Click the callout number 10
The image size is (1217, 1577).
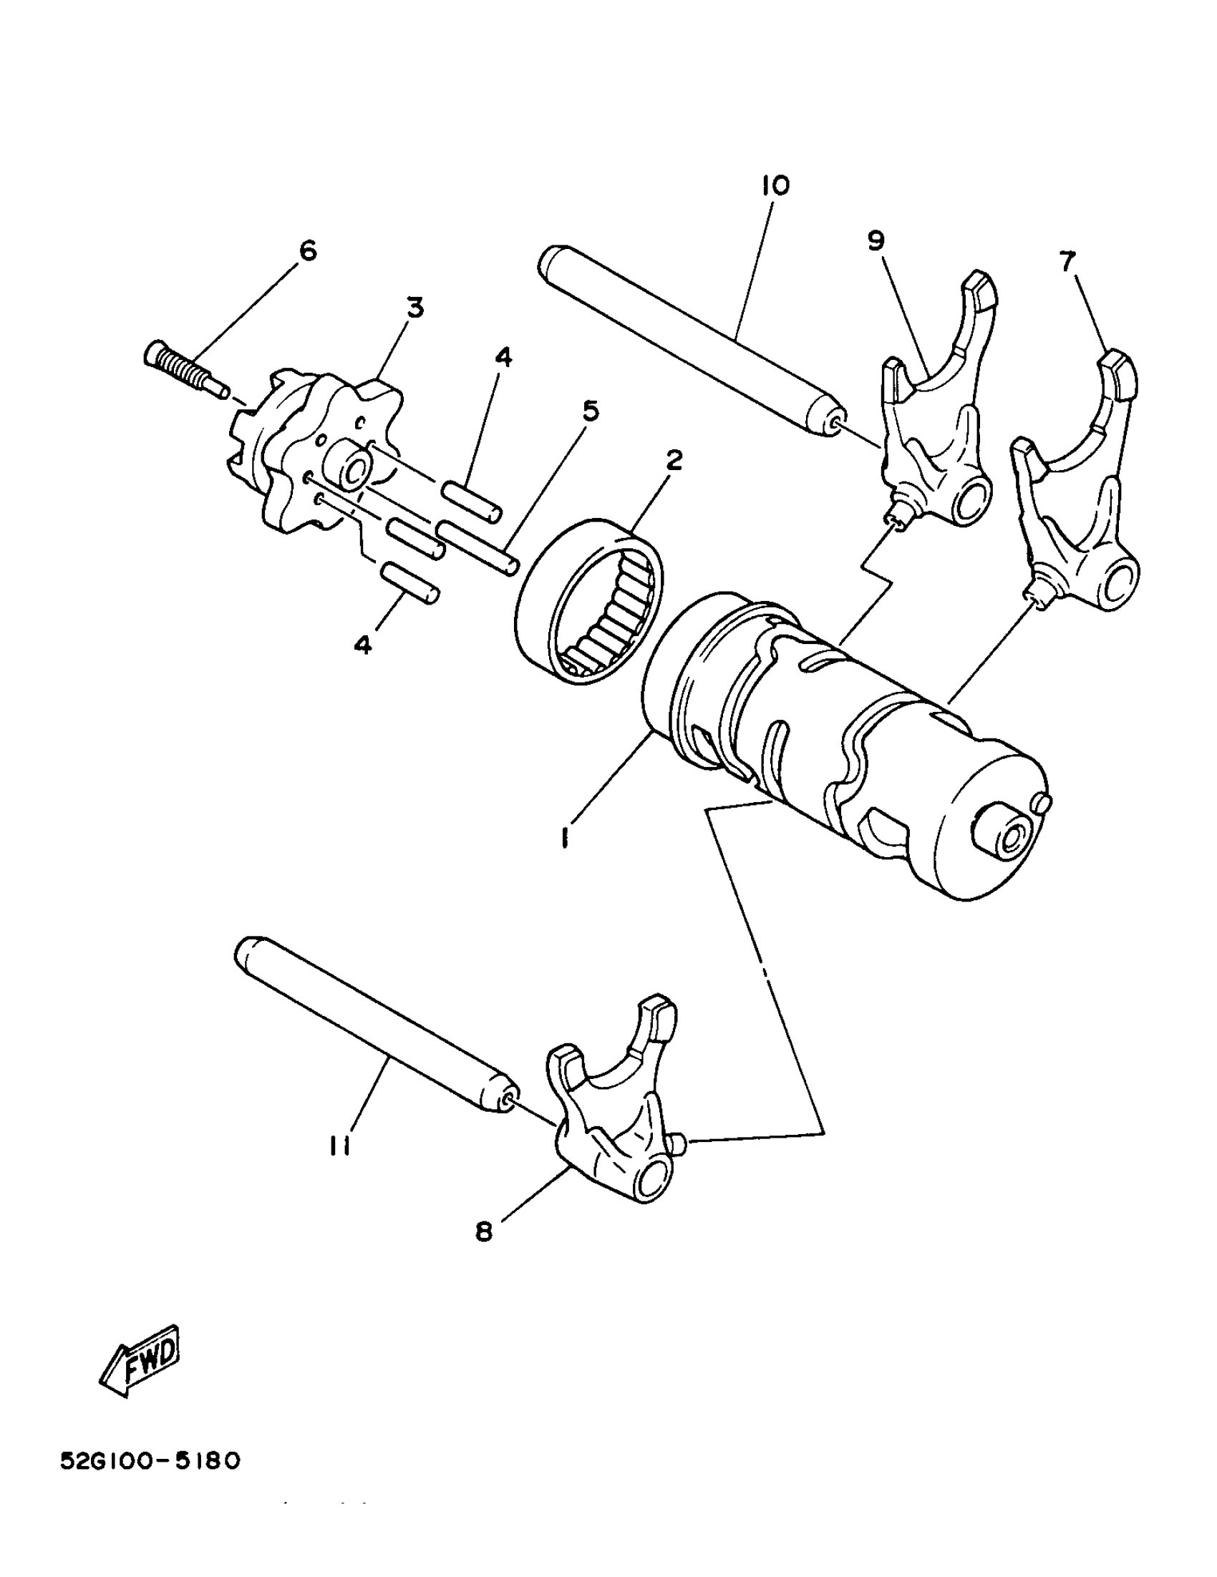[775, 185]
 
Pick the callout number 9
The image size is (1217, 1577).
[876, 240]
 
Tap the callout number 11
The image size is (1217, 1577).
[339, 1146]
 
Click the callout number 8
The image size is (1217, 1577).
[483, 1232]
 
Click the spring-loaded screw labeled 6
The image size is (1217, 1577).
[183, 368]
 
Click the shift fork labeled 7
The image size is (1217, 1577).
[1076, 491]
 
